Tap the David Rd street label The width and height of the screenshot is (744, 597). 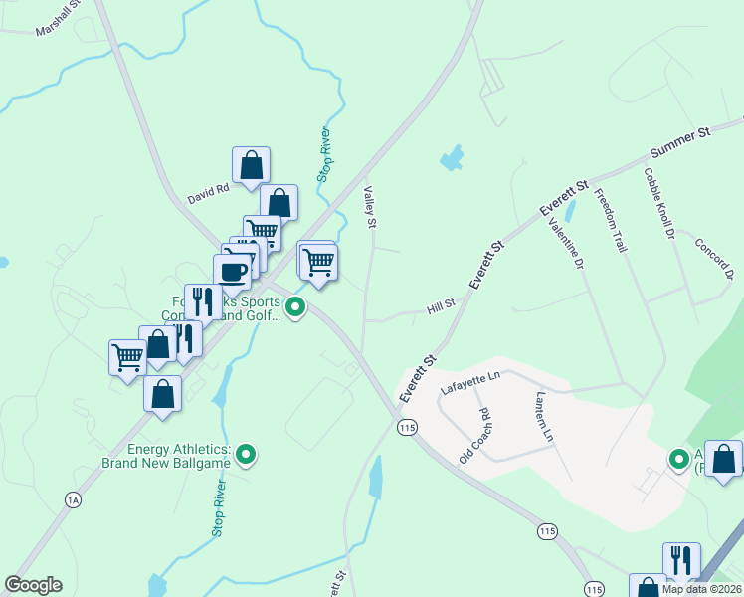click(x=209, y=187)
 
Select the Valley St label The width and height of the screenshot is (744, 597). click(x=370, y=206)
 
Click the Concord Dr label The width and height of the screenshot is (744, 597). click(x=713, y=259)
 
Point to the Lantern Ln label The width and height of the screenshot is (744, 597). click(x=544, y=416)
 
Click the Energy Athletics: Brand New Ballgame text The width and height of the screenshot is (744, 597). click(x=166, y=456)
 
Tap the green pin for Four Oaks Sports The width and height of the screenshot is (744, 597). click(x=295, y=309)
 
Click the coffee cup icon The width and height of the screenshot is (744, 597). click(x=233, y=272)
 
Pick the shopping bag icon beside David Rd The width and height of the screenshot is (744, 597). click(x=252, y=165)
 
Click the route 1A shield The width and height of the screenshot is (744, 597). click(x=73, y=500)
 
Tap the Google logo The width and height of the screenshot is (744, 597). click(x=33, y=585)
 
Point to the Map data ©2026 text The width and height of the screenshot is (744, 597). click(x=701, y=589)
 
